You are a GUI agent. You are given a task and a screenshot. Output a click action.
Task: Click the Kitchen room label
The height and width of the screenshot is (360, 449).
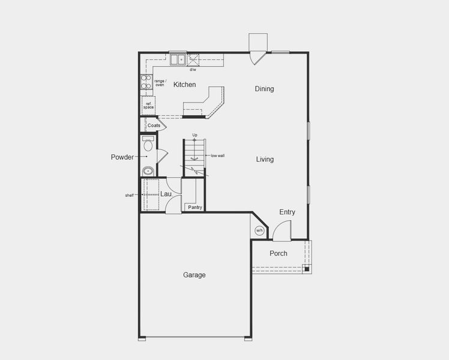184,85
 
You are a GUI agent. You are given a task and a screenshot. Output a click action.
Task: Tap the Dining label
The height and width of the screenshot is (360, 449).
264,89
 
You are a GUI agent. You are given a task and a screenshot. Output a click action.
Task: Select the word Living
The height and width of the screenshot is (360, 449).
265,159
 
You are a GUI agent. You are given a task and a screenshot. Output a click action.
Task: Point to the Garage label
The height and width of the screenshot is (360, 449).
194,275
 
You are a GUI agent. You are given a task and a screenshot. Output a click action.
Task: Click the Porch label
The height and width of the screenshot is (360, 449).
278,253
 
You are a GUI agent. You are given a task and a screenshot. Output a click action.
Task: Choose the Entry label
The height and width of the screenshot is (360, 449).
287,212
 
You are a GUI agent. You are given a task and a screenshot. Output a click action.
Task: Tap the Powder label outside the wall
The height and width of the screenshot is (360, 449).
122,157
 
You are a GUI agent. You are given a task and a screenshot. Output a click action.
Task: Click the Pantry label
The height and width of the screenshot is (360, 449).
194,207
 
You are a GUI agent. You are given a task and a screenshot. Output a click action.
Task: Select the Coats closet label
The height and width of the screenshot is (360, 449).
154,125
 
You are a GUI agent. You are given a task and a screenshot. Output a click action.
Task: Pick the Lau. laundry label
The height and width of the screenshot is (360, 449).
166,194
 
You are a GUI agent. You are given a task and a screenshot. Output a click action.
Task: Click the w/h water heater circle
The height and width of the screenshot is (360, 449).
259,230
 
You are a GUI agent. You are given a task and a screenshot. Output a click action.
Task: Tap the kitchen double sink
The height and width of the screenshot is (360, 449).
177,59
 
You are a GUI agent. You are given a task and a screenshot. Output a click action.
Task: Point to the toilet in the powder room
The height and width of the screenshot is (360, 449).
148,145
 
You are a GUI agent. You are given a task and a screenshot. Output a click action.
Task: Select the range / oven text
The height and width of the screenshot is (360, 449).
160,83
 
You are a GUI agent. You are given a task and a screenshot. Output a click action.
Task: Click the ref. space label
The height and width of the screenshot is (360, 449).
148,105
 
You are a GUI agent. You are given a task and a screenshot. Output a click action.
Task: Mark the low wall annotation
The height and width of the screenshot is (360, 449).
217,155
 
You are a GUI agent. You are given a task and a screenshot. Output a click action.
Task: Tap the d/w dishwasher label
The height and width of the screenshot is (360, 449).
193,70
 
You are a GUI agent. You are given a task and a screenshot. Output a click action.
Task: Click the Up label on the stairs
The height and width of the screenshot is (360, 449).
194,135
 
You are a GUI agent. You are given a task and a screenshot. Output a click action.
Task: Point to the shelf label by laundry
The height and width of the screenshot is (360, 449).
130,195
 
